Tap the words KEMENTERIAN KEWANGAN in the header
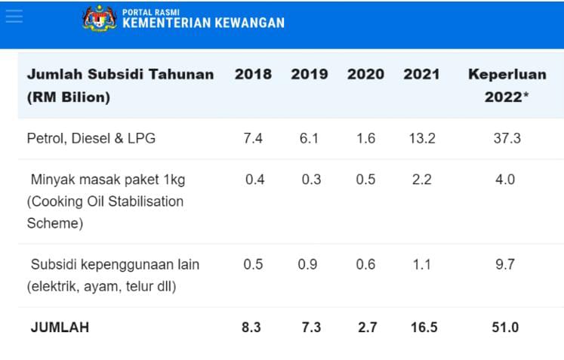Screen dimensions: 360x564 point(203,23)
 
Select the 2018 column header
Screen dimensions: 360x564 point(253,75)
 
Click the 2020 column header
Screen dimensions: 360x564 point(365,75)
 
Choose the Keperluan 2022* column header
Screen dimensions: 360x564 point(503,85)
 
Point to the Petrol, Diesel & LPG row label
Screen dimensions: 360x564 point(91,139)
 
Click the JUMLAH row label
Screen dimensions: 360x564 point(60,328)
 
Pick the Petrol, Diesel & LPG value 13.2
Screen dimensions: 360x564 point(421,139)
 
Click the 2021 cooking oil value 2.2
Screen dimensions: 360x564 point(421,180)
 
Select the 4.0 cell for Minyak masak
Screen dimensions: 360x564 point(504,180)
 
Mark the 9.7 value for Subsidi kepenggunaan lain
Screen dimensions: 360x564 point(504,265)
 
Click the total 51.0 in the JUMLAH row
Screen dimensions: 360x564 point(504,328)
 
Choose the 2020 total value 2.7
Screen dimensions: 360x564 point(365,328)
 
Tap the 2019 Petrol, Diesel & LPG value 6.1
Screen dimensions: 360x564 point(309,139)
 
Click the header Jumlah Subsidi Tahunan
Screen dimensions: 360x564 point(120,75)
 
